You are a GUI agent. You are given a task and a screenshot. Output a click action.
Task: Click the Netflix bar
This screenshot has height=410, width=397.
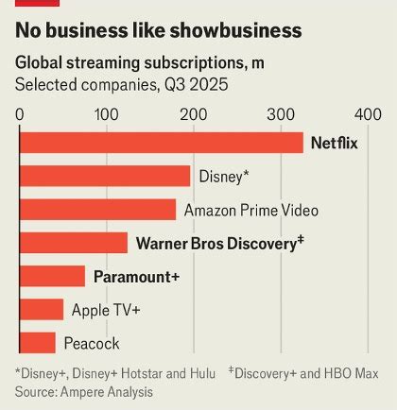pyautogui.click(x=162, y=143)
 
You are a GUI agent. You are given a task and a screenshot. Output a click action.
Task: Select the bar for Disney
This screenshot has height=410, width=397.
pyautogui.click(x=105, y=176)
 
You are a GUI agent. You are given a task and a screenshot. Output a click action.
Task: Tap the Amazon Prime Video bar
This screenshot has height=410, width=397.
pyautogui.click(x=97, y=210)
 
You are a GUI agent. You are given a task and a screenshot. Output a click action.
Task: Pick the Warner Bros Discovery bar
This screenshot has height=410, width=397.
pyautogui.click(x=74, y=243)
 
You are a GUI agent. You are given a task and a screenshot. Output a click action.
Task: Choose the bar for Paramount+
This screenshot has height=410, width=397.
pyautogui.click(x=52, y=277)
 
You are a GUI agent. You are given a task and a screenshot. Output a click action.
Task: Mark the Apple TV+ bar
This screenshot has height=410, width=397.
pyautogui.click(x=42, y=310)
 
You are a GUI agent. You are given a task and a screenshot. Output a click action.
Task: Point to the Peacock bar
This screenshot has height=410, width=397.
pyautogui.click(x=38, y=343)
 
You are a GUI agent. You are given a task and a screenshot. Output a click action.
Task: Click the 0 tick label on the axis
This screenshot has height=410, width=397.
pyautogui.click(x=20, y=113)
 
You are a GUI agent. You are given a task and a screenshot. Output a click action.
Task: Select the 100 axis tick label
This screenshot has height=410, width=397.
pyautogui.click(x=107, y=113)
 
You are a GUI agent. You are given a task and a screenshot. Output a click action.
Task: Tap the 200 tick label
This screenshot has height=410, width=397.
pyautogui.click(x=194, y=113)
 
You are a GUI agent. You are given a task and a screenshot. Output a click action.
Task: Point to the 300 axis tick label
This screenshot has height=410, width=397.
pyautogui.click(x=281, y=113)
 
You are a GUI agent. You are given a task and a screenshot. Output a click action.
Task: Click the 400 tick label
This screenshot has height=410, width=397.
pyautogui.click(x=367, y=113)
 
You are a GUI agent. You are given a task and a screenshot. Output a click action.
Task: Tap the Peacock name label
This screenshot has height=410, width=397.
pyautogui.click(x=92, y=343)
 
